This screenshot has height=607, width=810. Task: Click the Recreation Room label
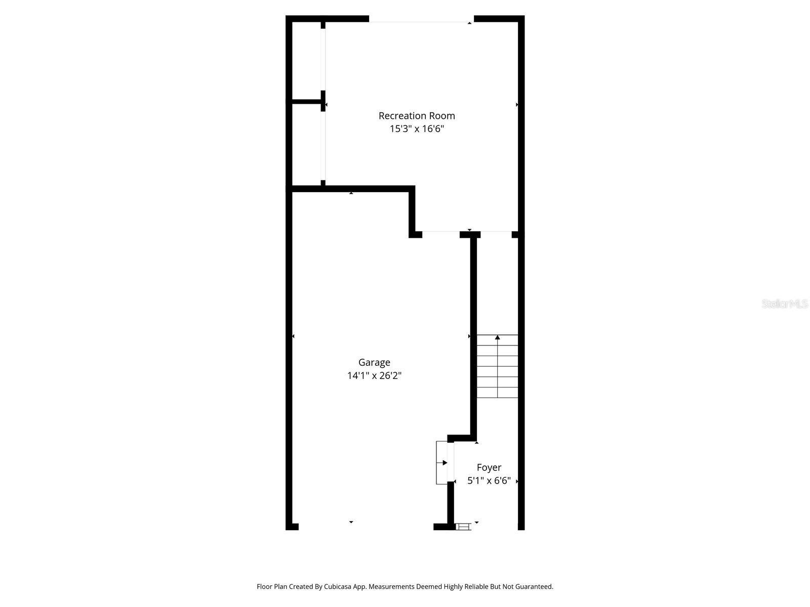tap(417, 116)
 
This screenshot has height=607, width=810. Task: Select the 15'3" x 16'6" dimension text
tap(417, 128)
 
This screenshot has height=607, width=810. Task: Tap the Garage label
tap(374, 363)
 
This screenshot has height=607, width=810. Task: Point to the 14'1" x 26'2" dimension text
tap(374, 375)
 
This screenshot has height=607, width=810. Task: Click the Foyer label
tap(489, 468)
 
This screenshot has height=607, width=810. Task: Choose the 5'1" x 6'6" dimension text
tap(489, 481)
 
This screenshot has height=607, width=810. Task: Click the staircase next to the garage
tap(498, 366)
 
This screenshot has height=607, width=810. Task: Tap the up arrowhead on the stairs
tap(498, 337)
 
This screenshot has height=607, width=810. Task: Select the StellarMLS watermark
tap(785, 303)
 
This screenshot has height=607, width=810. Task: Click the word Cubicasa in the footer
tap(338, 586)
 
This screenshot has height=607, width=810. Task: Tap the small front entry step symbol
tap(464, 527)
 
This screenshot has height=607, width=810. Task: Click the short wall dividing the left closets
tap(307, 102)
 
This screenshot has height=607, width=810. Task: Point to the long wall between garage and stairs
tap(474, 336)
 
